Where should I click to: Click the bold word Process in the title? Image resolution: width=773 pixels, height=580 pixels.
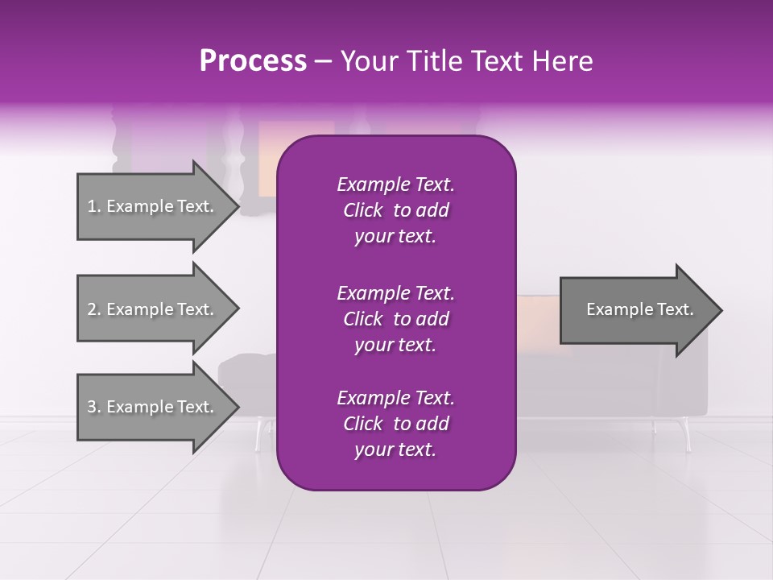pyautogui.click(x=253, y=61)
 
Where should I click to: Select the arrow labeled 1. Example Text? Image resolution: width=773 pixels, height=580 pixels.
pyautogui.click(x=153, y=206)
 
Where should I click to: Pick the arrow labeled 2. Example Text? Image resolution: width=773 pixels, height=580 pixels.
pyautogui.click(x=153, y=309)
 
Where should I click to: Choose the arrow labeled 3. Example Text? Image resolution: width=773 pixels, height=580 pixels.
pyautogui.click(x=153, y=407)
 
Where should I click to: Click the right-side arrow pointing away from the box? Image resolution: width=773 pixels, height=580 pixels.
pyautogui.click(x=636, y=310)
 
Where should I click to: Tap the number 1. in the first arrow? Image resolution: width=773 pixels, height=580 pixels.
pyautogui.click(x=94, y=206)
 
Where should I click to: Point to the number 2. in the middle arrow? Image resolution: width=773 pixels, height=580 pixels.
pyautogui.click(x=94, y=309)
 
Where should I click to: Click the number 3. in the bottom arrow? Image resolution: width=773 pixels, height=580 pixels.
pyautogui.click(x=94, y=407)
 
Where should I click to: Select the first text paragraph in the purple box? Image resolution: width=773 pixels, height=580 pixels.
pyautogui.click(x=395, y=210)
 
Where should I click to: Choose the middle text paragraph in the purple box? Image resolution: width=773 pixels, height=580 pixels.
pyautogui.click(x=395, y=318)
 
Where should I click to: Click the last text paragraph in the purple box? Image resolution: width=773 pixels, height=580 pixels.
pyautogui.click(x=395, y=424)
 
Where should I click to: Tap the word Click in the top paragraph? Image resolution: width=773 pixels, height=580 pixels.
pyautogui.click(x=363, y=210)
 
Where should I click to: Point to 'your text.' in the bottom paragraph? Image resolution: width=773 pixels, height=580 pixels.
pyautogui.click(x=395, y=450)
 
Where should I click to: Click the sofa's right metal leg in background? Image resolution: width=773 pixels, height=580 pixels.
pyautogui.click(x=687, y=435)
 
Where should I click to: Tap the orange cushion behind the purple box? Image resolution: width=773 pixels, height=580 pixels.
pyautogui.click(x=537, y=318)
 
